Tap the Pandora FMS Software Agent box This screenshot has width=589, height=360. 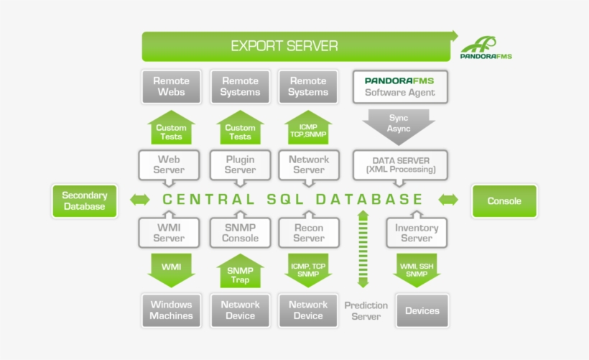(399, 87)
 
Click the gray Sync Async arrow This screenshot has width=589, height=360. (399, 124)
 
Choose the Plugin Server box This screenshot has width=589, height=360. (240, 165)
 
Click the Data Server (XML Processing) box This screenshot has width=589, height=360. (399, 165)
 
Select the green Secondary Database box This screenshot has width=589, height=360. (84, 200)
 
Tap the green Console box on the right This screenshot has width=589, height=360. (504, 200)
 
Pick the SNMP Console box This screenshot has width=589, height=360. (240, 233)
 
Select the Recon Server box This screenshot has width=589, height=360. (309, 233)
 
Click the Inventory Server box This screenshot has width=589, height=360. (417, 233)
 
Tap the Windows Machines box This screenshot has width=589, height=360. (171, 310)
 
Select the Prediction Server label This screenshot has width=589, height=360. (366, 310)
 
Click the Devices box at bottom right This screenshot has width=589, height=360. (422, 310)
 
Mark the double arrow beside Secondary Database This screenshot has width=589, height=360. (140, 200)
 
